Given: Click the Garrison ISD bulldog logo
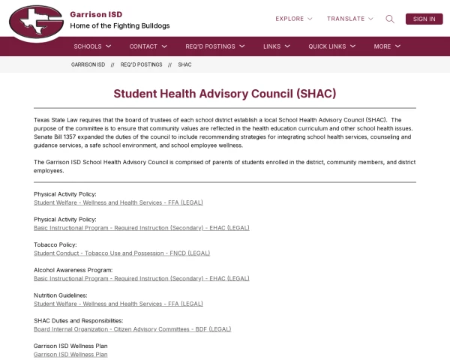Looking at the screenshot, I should [x=36, y=22].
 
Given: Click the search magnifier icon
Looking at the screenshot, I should [x=390, y=19].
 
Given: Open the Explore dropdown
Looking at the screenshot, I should [x=294, y=19].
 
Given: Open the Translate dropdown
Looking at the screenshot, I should [x=349, y=19].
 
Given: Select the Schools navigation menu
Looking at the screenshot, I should [x=92, y=46].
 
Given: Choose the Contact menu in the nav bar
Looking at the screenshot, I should [x=148, y=46].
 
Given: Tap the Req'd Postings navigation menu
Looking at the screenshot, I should [x=215, y=46].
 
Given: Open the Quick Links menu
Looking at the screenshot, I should [x=331, y=46].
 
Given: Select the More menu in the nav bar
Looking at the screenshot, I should [x=387, y=46].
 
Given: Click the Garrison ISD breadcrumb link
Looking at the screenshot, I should [x=88, y=65].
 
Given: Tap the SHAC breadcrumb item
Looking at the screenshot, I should [x=184, y=65].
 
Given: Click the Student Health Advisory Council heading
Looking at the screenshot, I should [x=225, y=94].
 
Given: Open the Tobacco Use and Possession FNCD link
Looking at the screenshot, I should [x=122, y=253].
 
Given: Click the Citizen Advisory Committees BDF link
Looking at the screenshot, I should [x=132, y=329].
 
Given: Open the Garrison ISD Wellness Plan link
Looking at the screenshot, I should [x=70, y=354].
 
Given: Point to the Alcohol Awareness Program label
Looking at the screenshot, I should [x=73, y=270].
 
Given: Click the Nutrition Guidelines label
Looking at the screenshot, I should [x=61, y=295].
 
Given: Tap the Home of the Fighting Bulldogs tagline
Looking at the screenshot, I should [x=120, y=26].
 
